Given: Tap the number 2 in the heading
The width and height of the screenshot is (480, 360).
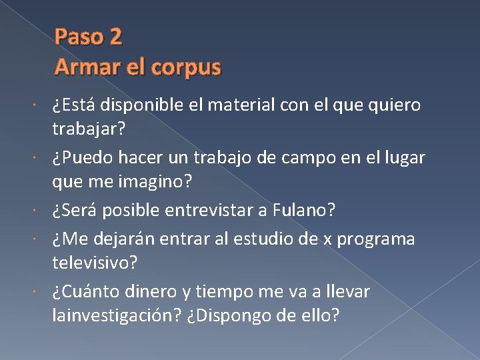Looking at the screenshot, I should pyautogui.click(x=115, y=37).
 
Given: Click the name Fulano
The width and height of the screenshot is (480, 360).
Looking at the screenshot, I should pyautogui.click(x=304, y=211).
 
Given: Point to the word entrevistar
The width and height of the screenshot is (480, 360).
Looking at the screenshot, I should pyautogui.click(x=230, y=211).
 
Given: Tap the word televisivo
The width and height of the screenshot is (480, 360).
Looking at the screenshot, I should pyautogui.click(x=95, y=263).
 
